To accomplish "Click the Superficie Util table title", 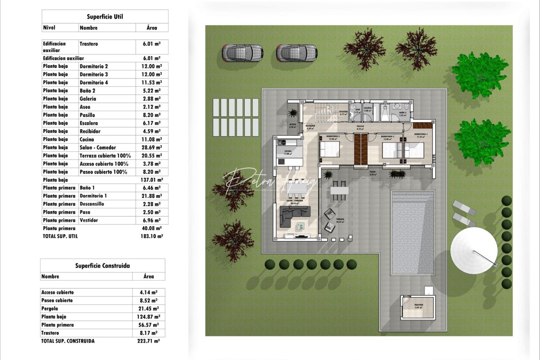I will click(x=105, y=17).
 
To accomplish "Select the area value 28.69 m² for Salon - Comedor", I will click(x=152, y=147).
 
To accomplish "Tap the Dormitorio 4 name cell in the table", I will click(x=94, y=82).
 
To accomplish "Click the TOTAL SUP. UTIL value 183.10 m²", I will click(x=152, y=236).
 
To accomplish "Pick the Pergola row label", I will click(x=50, y=308).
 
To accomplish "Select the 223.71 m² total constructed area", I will click(x=148, y=341).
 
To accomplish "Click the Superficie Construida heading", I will click(x=102, y=266).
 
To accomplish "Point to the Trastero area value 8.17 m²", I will click(x=148, y=333).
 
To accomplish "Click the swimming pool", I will click(x=413, y=232).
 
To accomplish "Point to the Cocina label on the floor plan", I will click(x=288, y=151).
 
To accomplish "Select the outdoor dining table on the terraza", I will click(x=339, y=191).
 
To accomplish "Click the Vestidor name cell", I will click(x=89, y=220).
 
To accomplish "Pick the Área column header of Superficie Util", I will click(x=152, y=28).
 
